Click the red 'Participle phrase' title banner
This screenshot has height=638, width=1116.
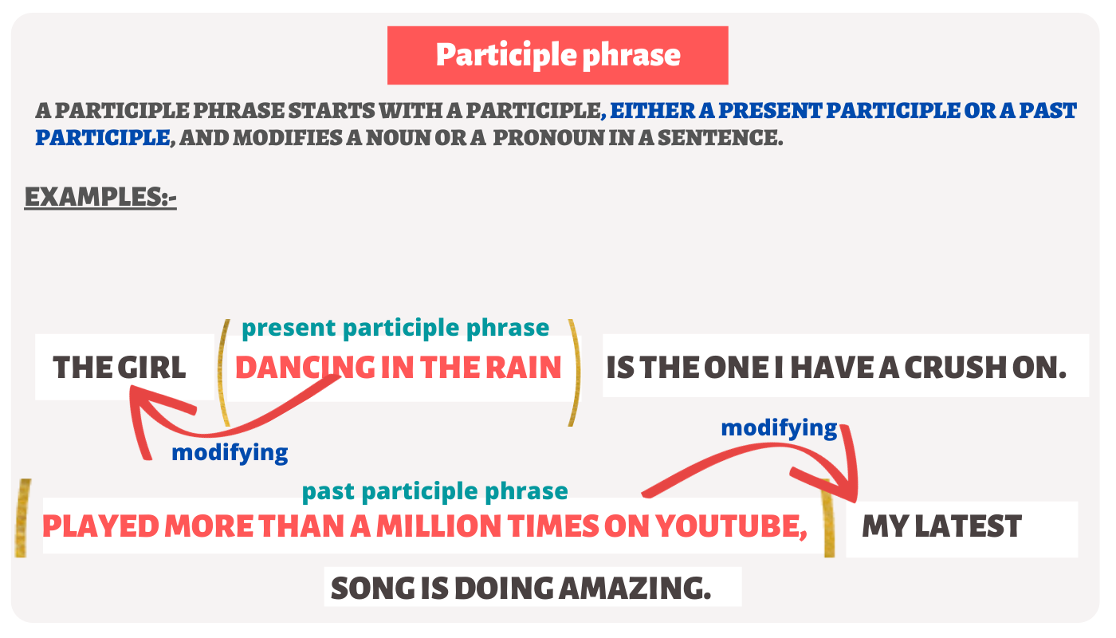tap(557, 55)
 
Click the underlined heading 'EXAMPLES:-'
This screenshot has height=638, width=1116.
tap(100, 196)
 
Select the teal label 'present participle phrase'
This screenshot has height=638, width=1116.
tap(395, 328)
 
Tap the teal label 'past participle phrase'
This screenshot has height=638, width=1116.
tap(435, 491)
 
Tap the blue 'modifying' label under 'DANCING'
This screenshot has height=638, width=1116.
tap(230, 453)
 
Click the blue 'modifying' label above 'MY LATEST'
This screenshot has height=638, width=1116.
tap(779, 428)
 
